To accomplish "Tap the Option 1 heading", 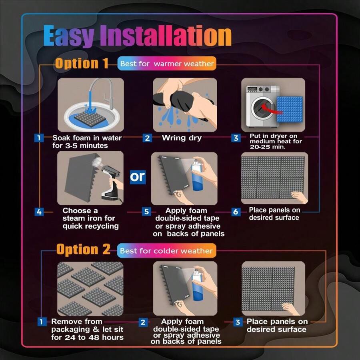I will (82, 64).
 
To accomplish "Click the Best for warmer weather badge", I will (167, 64).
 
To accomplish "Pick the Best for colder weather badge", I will (166, 251).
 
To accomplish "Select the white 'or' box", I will (137, 177).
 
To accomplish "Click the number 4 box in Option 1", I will (39, 212).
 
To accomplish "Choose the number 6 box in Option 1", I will (236, 212).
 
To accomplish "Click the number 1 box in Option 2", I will (42, 322).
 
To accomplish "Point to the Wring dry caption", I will (182, 138).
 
